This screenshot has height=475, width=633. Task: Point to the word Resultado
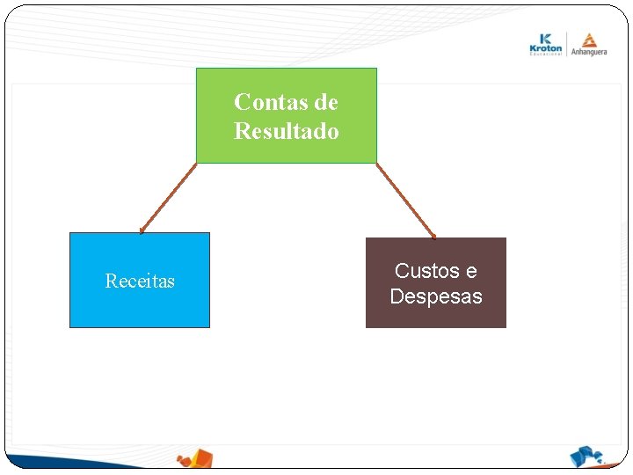click(x=286, y=132)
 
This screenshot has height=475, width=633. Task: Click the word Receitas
click(x=140, y=281)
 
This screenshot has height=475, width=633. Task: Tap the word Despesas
click(x=435, y=296)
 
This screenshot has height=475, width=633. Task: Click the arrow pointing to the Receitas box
click(x=168, y=199)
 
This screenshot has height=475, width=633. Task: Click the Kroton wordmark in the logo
click(x=546, y=47)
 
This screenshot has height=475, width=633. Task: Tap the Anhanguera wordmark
click(x=588, y=51)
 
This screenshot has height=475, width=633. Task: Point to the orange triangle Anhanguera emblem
click(x=588, y=38)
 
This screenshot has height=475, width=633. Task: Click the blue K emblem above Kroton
click(x=546, y=38)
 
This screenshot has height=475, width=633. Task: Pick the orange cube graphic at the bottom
click(x=195, y=458)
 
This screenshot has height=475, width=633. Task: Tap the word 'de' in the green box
click(x=325, y=102)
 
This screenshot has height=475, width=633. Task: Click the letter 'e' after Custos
click(x=471, y=271)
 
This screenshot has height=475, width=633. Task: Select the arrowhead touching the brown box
click(x=433, y=236)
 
